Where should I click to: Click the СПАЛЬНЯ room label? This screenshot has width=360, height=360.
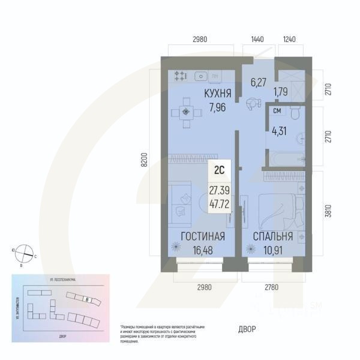click(272, 236)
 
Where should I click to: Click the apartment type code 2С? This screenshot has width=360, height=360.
click(219, 170)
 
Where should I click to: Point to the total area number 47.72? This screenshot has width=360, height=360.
click(219, 203)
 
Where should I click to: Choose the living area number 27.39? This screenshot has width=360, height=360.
click(219, 190)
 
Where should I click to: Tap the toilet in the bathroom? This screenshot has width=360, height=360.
click(295, 113)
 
